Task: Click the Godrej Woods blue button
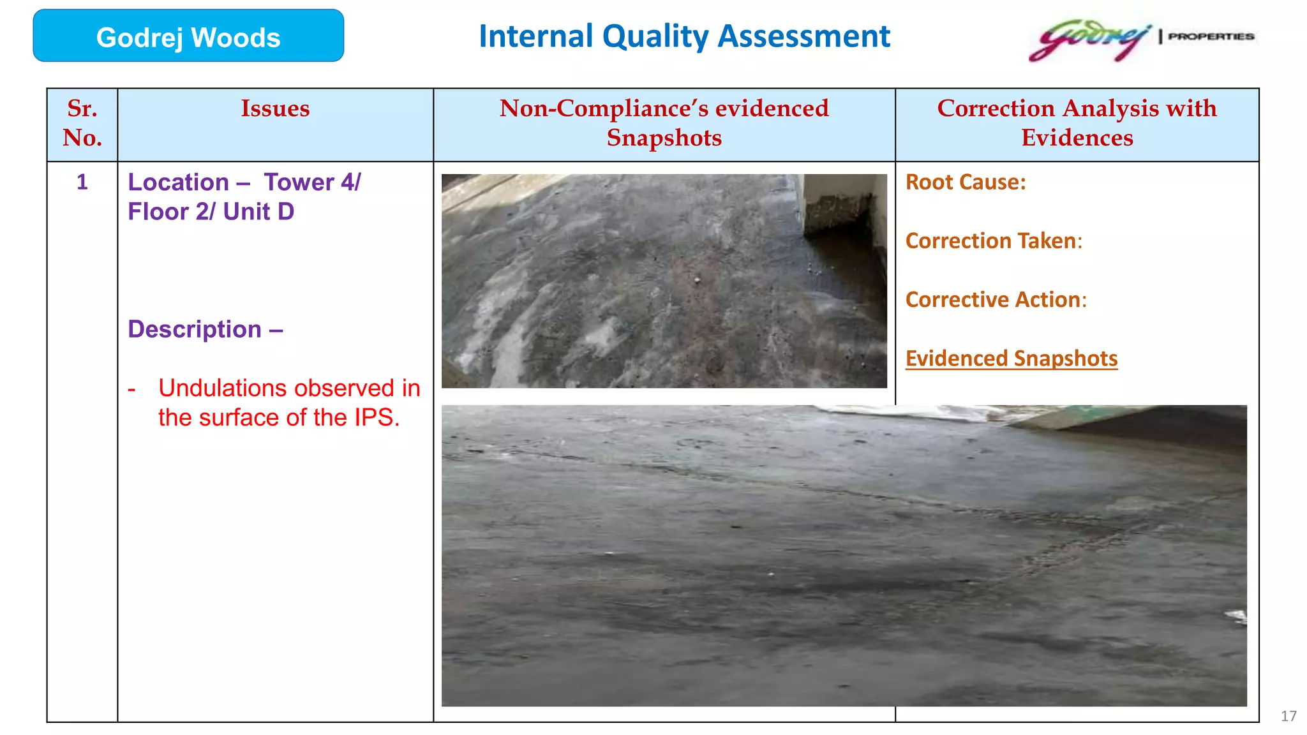(x=188, y=36)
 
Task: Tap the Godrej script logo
(x=1089, y=40)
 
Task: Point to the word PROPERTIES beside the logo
(x=1211, y=36)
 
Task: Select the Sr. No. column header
(x=82, y=123)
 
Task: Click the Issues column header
(x=275, y=108)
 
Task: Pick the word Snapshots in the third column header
(x=664, y=138)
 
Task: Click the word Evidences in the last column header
(x=1077, y=138)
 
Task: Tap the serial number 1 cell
(x=82, y=182)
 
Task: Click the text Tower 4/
(x=312, y=182)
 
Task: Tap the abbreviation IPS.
(x=376, y=417)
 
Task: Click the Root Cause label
(x=966, y=182)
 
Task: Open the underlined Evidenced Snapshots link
(x=1012, y=359)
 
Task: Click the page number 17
(x=1288, y=716)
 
